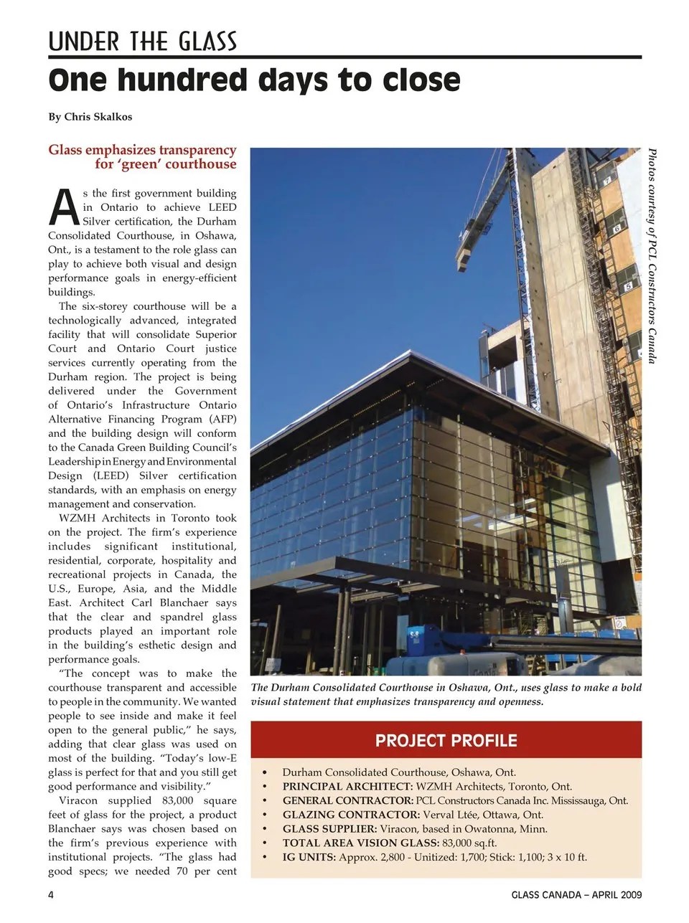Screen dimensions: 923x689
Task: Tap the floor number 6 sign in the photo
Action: pyautogui.click(x=616, y=230)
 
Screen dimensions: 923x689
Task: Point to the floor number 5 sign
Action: pyautogui.click(x=628, y=286)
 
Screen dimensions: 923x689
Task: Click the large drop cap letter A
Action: pyautogui.click(x=65, y=207)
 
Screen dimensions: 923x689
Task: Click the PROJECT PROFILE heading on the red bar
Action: pyautogui.click(x=446, y=741)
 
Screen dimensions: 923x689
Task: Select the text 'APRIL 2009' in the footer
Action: pyautogui.click(x=617, y=894)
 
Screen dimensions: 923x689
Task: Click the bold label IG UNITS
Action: pyautogui.click(x=309, y=857)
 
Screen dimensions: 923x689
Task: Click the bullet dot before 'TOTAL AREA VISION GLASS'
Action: pyautogui.click(x=265, y=843)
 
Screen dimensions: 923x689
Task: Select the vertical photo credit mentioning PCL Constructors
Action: pyautogui.click(x=652, y=255)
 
